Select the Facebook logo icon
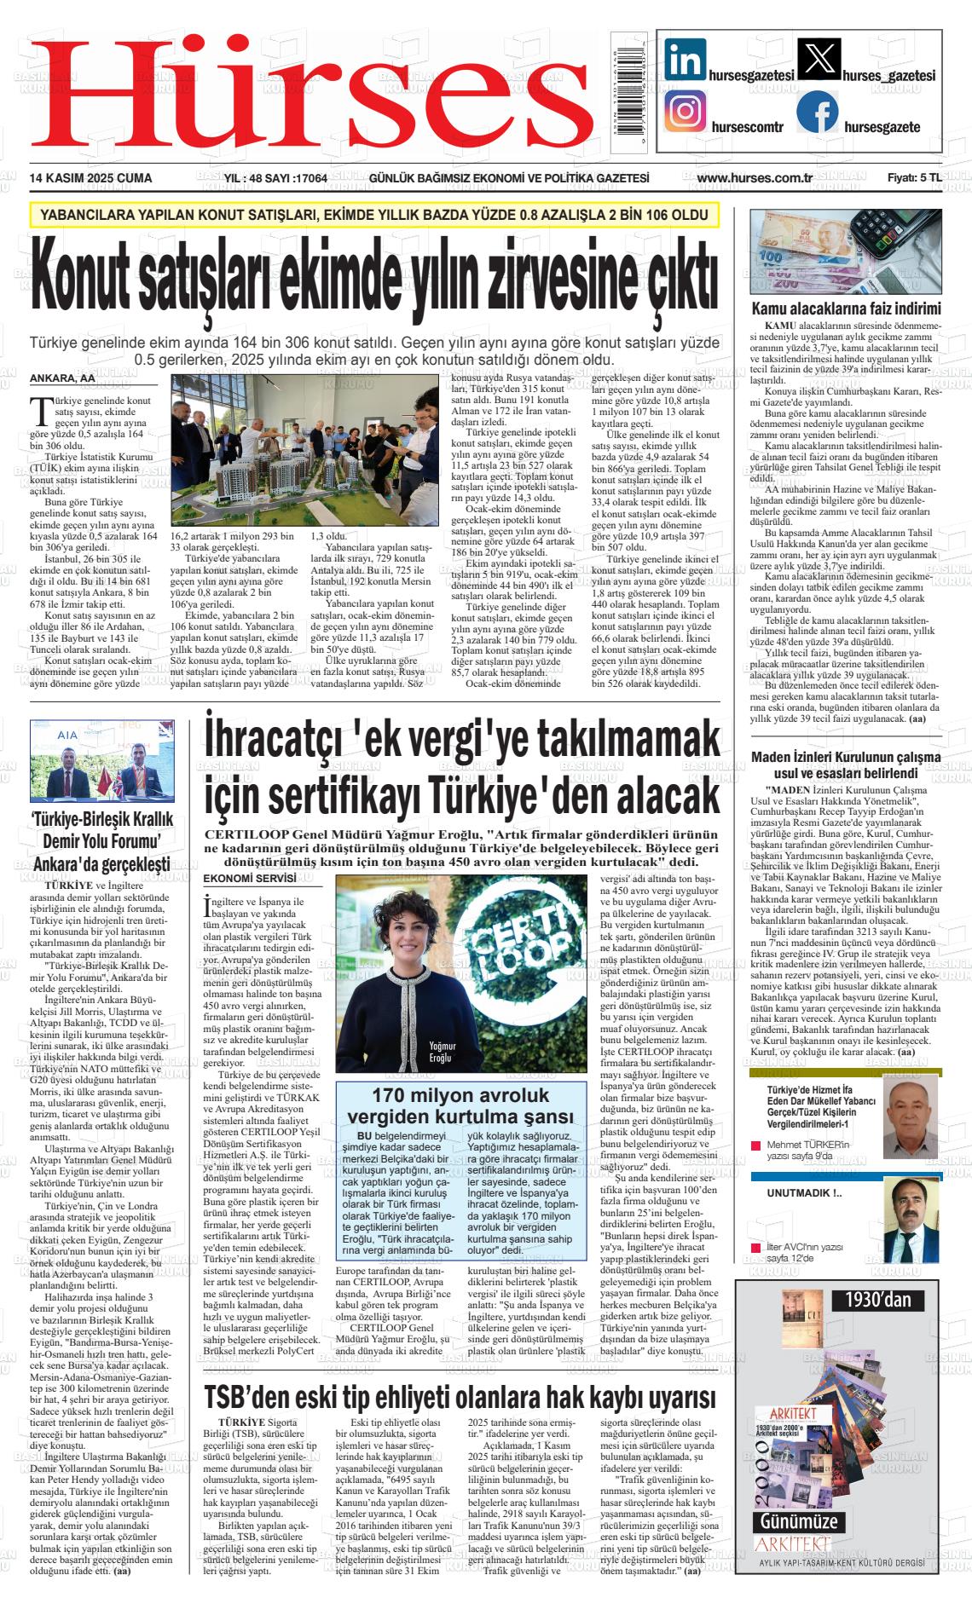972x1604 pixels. coord(817,113)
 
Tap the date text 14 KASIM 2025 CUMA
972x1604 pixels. coord(90,178)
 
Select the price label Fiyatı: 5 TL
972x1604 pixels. coord(914,178)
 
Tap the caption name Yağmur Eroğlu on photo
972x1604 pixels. coord(443,1052)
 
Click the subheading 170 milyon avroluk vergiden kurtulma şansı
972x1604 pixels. coord(460,1105)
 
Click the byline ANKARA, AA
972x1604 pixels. coord(63,378)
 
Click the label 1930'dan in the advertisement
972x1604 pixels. coord(878,1300)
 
